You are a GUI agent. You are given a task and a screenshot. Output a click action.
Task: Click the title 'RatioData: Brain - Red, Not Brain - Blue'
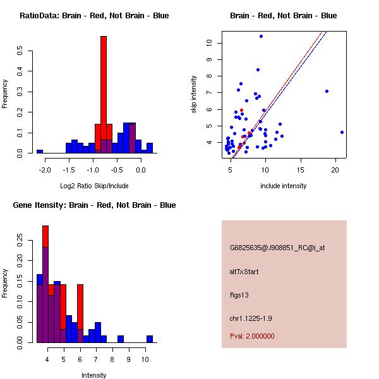pos(94,16)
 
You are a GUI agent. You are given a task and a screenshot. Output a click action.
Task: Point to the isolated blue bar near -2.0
pos(39,152)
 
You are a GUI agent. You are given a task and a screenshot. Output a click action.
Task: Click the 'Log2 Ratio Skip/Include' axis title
pos(94,186)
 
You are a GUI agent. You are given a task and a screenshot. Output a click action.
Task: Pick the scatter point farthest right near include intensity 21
pos(342,132)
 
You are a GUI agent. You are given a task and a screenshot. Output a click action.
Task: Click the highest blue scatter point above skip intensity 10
pos(261,37)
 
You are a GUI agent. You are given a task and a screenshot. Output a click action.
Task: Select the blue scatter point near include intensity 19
pos(327,91)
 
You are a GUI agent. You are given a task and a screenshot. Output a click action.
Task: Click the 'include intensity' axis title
pos(284,186)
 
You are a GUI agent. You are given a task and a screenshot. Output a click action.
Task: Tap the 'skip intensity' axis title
pos(194,95)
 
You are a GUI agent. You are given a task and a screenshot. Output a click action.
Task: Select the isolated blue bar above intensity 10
pos(150,339)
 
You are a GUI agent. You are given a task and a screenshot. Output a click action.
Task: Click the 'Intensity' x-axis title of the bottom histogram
pos(94,375)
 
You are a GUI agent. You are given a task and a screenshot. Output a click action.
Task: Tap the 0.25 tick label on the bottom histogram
pos(21,241)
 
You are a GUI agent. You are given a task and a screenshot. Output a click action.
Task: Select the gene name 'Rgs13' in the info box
pos(239,295)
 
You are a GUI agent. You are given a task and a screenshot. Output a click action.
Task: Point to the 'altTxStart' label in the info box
pos(244,272)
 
